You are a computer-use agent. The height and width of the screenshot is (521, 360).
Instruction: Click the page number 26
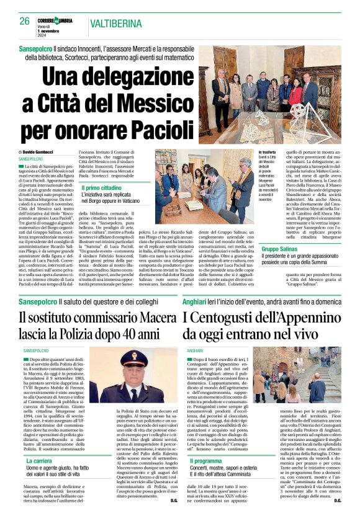[x=25, y=21]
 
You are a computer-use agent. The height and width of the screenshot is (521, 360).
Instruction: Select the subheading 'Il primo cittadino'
[x=102, y=187]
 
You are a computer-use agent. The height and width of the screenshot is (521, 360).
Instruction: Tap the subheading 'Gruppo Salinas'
[x=278, y=248]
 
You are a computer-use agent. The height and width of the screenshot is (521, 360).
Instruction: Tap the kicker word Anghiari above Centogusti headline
[x=197, y=301]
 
